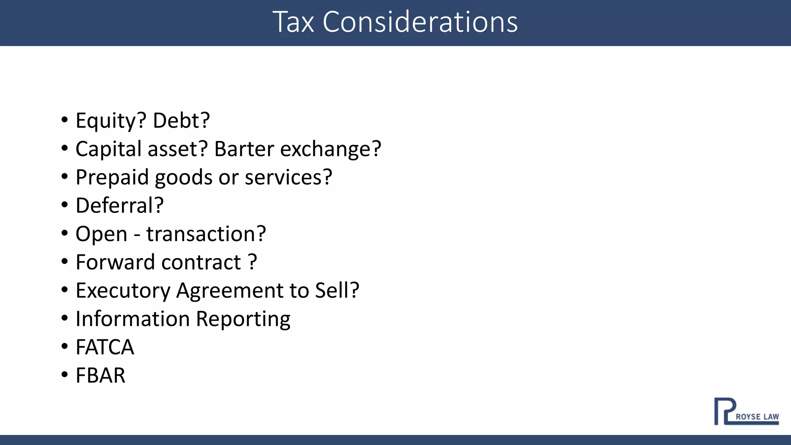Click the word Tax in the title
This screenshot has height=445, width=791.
tap(293, 22)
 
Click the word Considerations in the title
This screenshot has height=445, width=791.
tap(420, 22)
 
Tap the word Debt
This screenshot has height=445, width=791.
tap(181, 121)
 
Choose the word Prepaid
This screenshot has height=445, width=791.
tap(112, 177)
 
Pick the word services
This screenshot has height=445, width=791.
tap(288, 177)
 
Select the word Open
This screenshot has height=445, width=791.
tap(101, 234)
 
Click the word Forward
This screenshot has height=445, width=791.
tap(116, 262)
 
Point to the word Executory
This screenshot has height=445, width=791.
tap(123, 291)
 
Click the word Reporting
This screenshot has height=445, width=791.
tap(243, 319)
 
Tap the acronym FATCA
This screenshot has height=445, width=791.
tap(105, 347)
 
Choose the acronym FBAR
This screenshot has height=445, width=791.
tap(100, 375)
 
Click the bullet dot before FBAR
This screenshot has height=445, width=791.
tap(65, 374)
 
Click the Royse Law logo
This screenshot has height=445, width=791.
tap(746, 411)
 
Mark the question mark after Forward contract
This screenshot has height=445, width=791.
tap(253, 262)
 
